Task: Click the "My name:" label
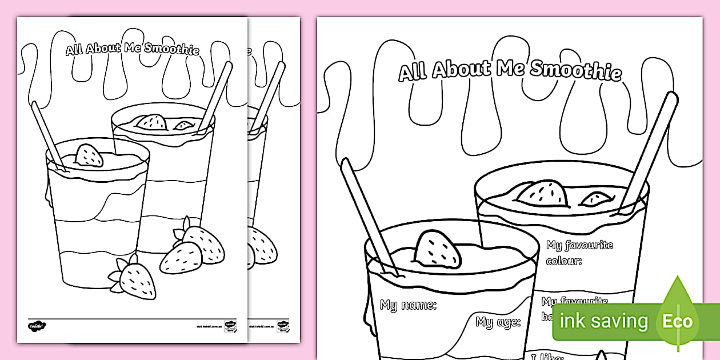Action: [x=408, y=305]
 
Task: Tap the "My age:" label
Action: [x=498, y=322]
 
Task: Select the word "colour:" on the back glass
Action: [x=564, y=261]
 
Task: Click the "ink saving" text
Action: [x=603, y=321]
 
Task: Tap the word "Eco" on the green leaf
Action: [x=678, y=321]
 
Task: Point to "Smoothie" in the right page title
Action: [x=575, y=71]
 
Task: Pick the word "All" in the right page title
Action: [x=413, y=73]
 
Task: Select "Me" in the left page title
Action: [x=133, y=48]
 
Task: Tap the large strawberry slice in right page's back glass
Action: [x=542, y=194]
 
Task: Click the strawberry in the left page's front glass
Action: [x=90, y=155]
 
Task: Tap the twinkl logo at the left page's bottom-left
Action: [x=37, y=325]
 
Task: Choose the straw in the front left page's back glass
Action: [x=215, y=97]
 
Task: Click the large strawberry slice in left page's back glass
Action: [x=152, y=122]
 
